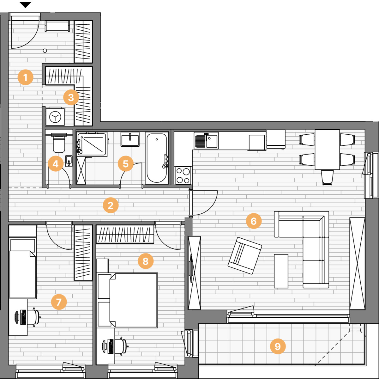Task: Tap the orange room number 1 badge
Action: coord(25,77)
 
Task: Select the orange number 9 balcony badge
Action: coord(278,346)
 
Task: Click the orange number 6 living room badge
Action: coord(254,221)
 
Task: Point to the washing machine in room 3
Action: coord(55,117)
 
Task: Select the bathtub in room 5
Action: coord(157,158)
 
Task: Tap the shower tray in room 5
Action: coord(92,144)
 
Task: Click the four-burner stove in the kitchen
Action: coord(183,175)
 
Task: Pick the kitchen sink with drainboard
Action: coord(206,140)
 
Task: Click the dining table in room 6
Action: coord(327,150)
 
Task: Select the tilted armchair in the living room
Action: coord(245,255)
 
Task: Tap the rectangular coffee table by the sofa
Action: coord(281,271)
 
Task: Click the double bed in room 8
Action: coord(133,300)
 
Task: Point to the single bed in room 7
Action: coord(23,268)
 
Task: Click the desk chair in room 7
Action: coord(34,317)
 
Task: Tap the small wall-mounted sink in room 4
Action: coord(69,161)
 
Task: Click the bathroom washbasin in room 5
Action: coord(130,139)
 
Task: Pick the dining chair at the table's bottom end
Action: coord(327,178)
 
